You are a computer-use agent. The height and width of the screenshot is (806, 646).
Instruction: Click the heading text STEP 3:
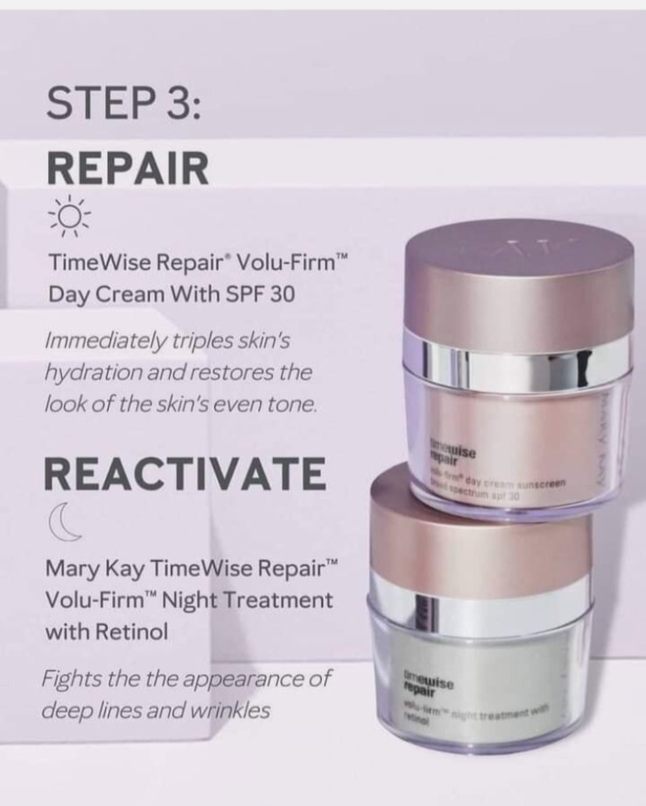coord(125,104)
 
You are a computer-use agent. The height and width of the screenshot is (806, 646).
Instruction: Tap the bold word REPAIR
coord(128,167)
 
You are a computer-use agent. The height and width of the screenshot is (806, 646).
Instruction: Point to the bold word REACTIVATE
coord(185,474)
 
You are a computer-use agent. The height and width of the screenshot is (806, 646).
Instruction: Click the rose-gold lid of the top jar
coord(518,285)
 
